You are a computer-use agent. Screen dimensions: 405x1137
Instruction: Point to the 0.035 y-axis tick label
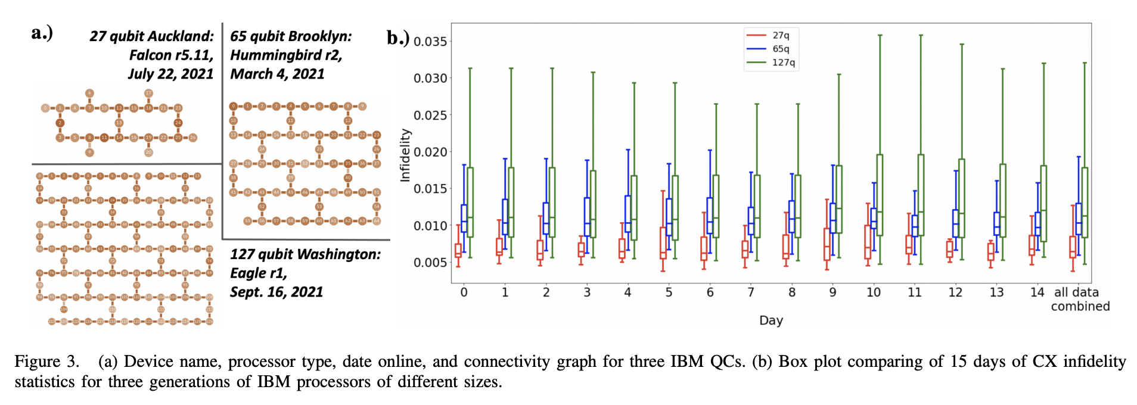pos(430,42)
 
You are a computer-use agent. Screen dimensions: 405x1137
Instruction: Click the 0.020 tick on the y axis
pos(430,152)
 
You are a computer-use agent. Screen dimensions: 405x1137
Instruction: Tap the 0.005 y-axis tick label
pos(430,263)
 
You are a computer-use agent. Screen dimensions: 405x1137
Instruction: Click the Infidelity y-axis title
pos(406,155)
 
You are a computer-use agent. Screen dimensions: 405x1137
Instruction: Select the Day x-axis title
pos(771,320)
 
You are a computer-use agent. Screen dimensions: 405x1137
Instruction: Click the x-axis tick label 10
pos(873,292)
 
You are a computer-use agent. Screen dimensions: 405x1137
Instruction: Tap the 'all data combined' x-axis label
pos(1079,300)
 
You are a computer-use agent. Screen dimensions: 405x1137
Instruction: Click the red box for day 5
pos(663,242)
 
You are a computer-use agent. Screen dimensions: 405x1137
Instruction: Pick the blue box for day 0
pos(464,218)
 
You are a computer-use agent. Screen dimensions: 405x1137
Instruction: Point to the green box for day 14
pos(1043,203)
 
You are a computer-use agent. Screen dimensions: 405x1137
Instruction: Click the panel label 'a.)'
pos(42,33)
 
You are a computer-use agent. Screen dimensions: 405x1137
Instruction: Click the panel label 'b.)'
pos(398,39)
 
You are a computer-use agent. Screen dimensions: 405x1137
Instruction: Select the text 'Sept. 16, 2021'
pos(277,292)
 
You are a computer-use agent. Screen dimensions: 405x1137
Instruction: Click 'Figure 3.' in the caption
pos(46,362)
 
